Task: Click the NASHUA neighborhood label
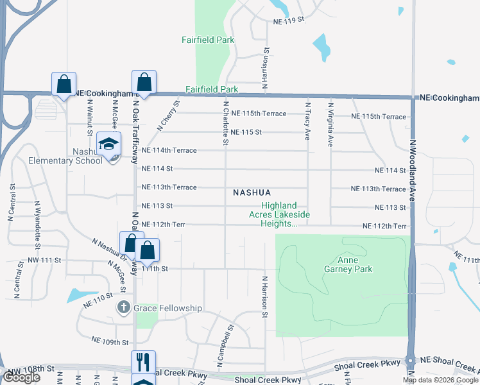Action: (252, 193)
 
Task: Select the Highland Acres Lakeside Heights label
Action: (279, 215)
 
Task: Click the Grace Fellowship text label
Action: (167, 309)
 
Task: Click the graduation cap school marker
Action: (109, 144)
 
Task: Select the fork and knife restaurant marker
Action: (143, 362)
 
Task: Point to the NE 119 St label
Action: (287, 21)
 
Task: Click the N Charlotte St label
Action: (226, 123)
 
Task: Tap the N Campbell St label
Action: (224, 346)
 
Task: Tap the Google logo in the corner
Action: (21, 377)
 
